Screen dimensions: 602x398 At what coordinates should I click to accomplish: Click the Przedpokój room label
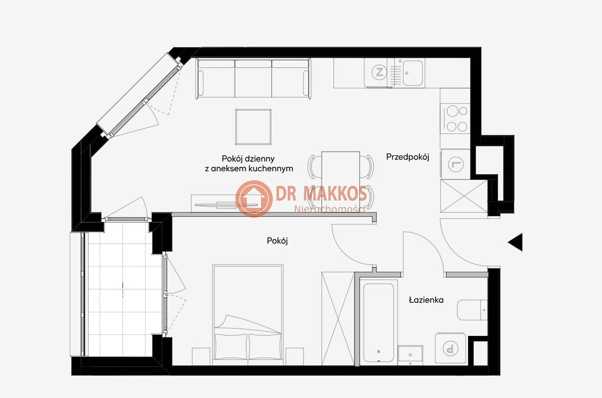coord(407,157)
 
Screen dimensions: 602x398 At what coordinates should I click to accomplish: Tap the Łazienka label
coord(426,300)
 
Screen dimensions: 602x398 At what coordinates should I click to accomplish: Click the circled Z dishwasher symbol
coord(379,72)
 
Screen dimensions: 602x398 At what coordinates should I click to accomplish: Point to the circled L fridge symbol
coord(456,164)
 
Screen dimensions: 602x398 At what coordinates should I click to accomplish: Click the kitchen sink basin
coord(412,73)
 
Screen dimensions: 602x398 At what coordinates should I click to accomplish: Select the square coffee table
coord(253,127)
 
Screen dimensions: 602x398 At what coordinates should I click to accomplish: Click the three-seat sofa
coord(253,79)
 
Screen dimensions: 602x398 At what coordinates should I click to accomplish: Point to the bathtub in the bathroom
coord(378,322)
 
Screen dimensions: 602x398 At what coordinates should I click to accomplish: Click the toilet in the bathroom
coord(472,310)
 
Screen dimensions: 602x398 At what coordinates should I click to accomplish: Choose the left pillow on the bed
coord(231,346)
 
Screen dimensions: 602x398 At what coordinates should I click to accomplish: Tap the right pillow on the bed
coord(265,346)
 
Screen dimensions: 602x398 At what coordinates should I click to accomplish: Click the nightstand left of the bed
coord(201,356)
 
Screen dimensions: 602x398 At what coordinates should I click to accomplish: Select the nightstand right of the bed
coord(294,356)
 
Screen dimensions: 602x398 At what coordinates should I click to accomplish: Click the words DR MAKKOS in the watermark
coord(321,193)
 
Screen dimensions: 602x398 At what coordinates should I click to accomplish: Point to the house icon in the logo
coord(254,198)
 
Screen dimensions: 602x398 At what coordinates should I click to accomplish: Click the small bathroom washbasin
coord(410,355)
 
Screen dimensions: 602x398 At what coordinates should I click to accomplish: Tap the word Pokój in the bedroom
coord(277,241)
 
